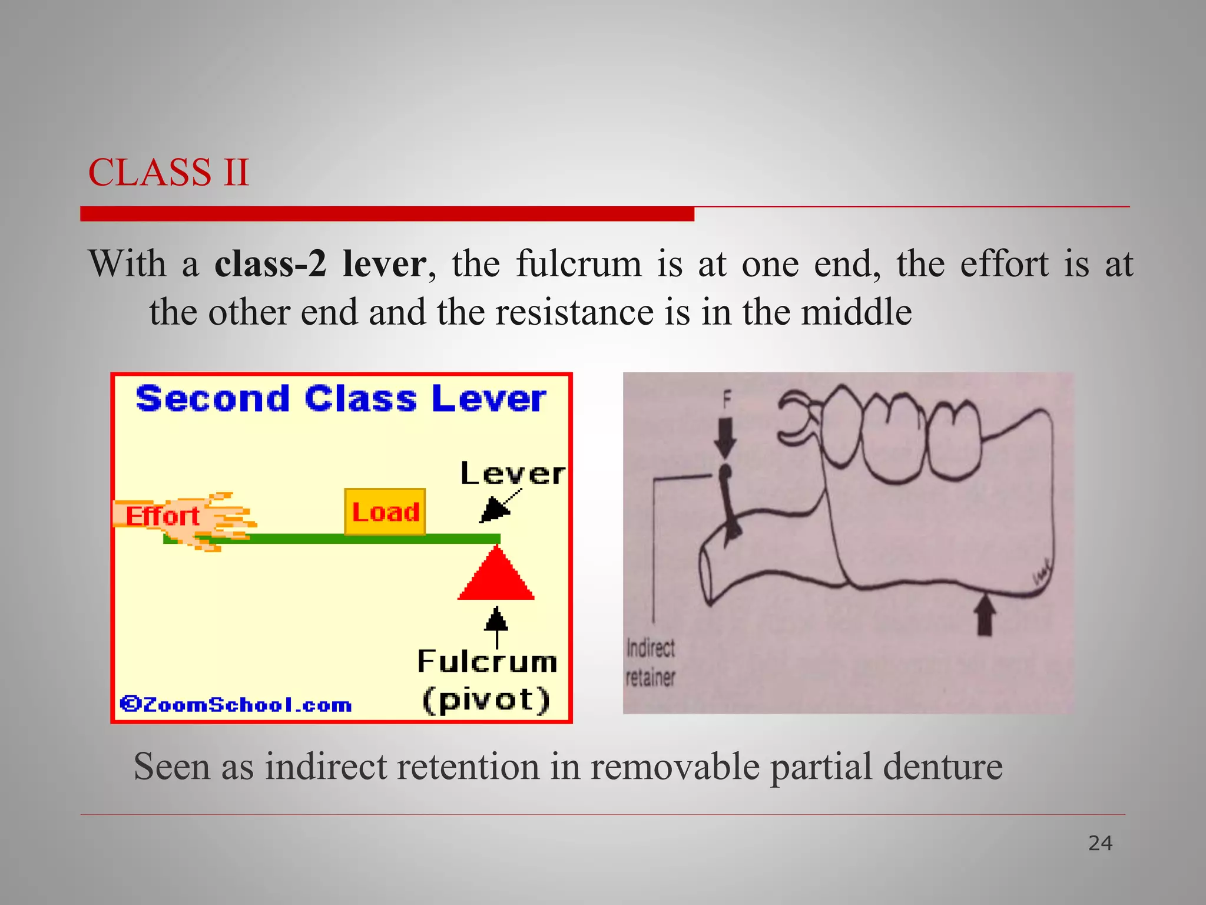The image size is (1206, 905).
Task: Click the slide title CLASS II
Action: point(168,173)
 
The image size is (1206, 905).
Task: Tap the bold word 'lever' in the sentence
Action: point(384,264)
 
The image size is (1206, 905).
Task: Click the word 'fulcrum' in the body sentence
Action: point(579,264)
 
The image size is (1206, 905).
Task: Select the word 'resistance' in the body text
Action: point(574,312)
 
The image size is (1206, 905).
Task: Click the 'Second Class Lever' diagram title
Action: point(341,399)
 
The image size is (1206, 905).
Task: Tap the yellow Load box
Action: point(385,511)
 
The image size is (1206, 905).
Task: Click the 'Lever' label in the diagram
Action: point(512,474)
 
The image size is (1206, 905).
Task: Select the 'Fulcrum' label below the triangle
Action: point(487,662)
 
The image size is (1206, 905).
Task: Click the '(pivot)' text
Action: point(486,700)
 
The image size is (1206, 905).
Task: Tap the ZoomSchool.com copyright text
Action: point(236,705)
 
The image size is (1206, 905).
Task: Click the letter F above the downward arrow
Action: point(727,401)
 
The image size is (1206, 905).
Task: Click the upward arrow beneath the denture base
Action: point(985,615)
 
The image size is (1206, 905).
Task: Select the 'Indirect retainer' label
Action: point(650,663)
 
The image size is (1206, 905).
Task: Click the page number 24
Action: point(1100,844)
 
